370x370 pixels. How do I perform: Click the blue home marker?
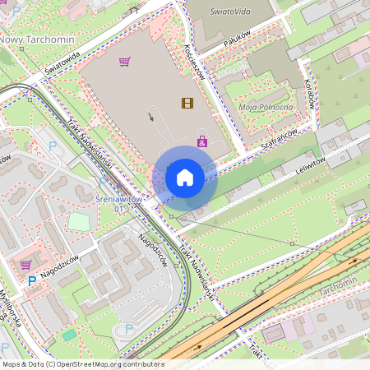pos(185,178)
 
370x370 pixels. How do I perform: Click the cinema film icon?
pos(187,103)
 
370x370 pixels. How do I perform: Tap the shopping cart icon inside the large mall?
pos(124,61)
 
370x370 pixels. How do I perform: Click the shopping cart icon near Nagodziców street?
pos(26,264)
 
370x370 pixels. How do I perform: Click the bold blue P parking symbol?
pos(33,280)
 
